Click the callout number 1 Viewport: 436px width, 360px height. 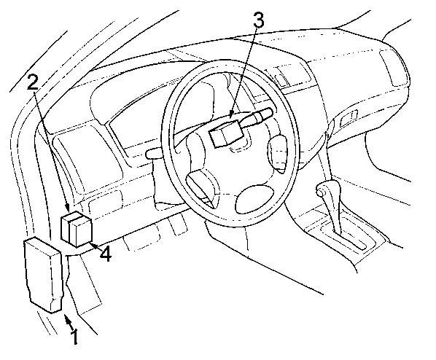74,337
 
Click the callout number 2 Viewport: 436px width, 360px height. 33,82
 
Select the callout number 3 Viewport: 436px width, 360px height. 258,21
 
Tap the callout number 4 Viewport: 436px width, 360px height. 106,254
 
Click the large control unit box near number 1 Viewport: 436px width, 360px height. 43,275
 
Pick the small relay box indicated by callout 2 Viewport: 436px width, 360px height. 77,230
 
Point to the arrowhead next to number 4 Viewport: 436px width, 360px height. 93,245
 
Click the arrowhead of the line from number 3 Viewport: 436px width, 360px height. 231,114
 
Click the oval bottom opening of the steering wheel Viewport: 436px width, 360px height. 254,200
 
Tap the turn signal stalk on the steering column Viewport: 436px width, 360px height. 257,116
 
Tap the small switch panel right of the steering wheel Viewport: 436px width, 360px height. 281,78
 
